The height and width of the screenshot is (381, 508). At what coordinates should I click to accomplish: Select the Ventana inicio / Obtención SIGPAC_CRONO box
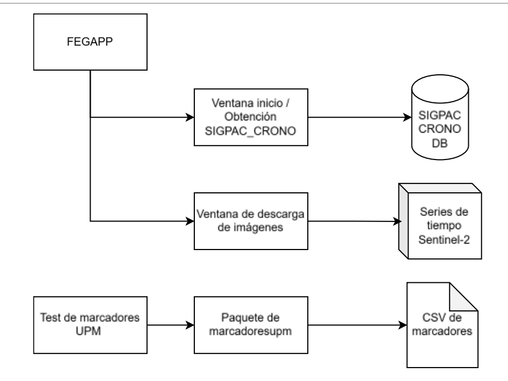(x=252, y=116)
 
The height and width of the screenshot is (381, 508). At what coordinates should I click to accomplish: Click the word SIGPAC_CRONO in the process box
(x=252, y=127)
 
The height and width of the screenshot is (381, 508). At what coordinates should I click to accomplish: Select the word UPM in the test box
(x=89, y=331)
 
